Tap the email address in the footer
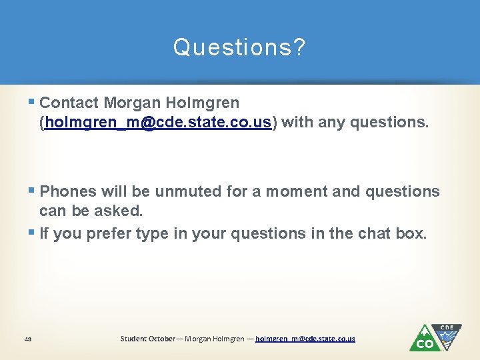tap(305, 339)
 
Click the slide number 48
tap(27, 339)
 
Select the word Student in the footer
tap(134, 339)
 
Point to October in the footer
tap(163, 339)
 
